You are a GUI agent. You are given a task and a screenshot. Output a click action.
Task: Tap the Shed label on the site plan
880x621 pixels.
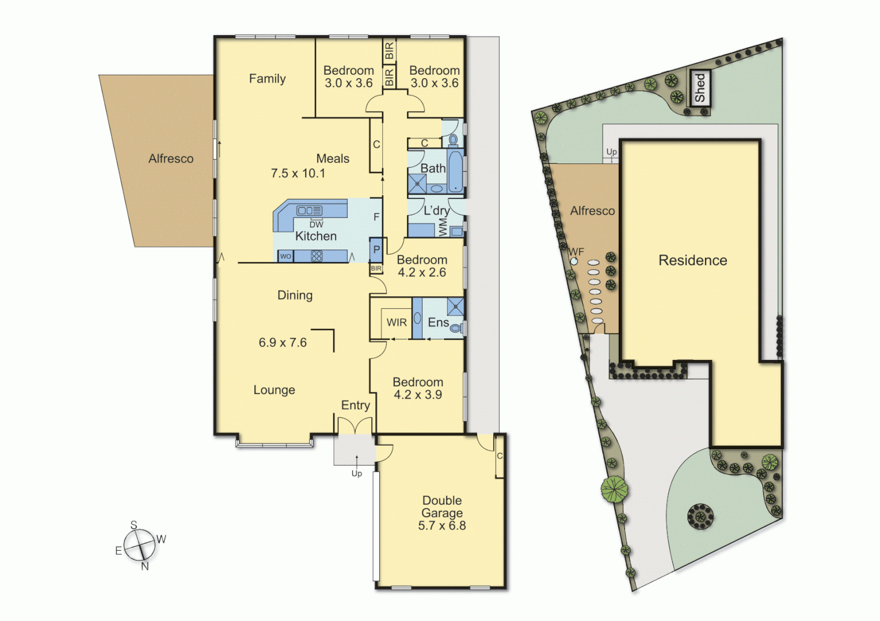click(700, 87)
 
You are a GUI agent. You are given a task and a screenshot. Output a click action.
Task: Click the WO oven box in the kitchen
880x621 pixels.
click(285, 256)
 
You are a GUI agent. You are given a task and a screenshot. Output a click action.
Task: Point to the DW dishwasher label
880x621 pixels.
click(317, 225)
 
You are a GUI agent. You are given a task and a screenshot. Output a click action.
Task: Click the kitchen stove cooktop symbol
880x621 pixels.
click(317, 256)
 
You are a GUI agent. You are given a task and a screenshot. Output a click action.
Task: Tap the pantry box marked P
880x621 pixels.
click(376, 250)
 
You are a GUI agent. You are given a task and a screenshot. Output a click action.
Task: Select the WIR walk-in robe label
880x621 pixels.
click(397, 323)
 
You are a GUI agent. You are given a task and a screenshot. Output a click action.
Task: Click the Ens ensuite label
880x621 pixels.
click(438, 323)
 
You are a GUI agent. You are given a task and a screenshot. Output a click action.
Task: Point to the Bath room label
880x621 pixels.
click(433, 168)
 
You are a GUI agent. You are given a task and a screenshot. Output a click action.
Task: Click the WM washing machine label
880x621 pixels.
click(443, 227)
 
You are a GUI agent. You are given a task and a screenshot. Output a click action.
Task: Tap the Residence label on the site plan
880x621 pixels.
click(692, 260)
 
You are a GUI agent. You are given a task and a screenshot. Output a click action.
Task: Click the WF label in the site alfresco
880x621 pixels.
click(576, 252)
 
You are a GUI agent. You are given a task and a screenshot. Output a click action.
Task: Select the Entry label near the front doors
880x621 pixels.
click(355, 405)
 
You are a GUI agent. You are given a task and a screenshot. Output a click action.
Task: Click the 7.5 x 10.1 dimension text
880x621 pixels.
click(298, 173)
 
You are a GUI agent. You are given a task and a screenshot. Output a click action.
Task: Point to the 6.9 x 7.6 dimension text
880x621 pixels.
click(283, 343)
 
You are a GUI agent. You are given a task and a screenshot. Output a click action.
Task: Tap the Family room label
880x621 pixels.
click(267, 79)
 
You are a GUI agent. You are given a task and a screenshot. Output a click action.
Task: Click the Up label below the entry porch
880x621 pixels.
click(357, 474)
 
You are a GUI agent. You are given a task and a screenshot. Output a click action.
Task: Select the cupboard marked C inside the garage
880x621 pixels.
click(500, 456)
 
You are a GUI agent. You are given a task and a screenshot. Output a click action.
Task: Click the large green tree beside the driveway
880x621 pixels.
click(615, 489)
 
